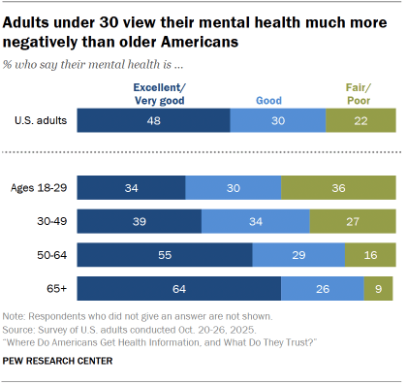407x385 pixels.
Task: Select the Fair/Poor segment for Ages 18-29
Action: (338, 187)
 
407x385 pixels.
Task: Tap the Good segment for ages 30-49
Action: (256, 221)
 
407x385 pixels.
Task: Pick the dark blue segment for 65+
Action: (178, 289)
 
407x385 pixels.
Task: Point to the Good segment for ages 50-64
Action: (298, 255)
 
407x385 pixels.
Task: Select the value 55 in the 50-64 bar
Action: (165, 255)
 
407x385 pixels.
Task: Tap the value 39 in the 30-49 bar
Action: (139, 221)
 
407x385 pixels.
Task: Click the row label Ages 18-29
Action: (38, 187)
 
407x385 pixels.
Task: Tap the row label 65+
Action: (53, 289)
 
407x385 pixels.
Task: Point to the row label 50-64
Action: (49, 255)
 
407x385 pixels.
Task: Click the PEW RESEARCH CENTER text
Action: (57, 361)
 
